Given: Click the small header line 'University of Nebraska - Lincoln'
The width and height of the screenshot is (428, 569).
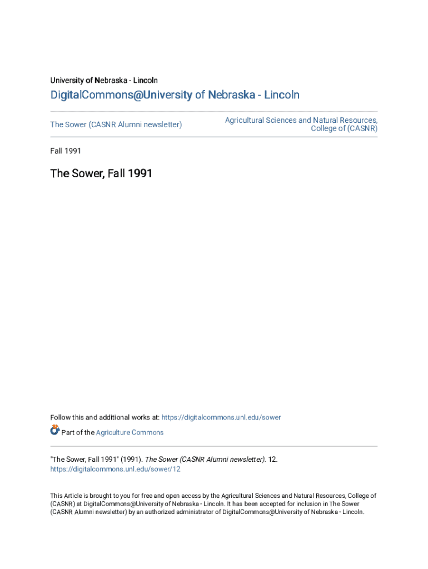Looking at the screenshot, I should pos(104,81).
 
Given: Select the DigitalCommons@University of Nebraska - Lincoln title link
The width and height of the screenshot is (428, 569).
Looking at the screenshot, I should pos(175,95).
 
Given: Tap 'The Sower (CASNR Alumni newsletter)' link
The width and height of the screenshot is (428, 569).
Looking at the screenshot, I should pos(116,124).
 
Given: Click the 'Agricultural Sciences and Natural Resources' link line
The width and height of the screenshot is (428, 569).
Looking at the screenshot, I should pos(301,120).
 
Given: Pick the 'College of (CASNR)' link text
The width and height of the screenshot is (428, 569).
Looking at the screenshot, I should pos(344,129).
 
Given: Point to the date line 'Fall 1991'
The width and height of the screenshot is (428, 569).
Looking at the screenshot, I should pos(66,151).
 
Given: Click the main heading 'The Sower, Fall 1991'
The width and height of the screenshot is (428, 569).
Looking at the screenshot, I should pos(101,173).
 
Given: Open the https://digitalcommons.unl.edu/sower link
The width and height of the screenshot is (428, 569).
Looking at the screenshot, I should pos(221,417).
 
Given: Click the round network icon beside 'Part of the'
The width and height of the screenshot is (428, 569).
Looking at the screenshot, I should pos(55,430).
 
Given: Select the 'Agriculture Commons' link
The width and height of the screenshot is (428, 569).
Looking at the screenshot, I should pos(130,432).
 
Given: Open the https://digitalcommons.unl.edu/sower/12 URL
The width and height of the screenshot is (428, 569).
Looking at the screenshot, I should pos(115,469).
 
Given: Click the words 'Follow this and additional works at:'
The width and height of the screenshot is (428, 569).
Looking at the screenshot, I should pos(105,417).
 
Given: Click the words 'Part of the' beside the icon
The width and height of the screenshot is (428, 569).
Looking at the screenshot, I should pos(78,432).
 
